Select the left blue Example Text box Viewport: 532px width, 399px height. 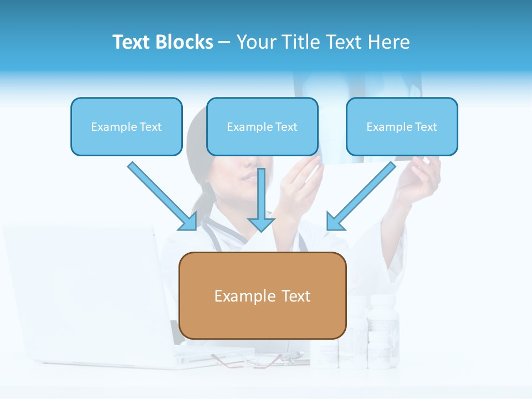point(126,126)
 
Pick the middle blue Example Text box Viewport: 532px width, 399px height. point(262,126)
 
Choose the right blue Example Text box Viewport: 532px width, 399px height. point(402,126)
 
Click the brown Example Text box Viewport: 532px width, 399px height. point(262,295)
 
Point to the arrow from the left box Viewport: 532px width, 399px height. point(161,195)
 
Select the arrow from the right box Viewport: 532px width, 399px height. point(363,195)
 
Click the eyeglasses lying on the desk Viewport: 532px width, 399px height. point(249,361)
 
